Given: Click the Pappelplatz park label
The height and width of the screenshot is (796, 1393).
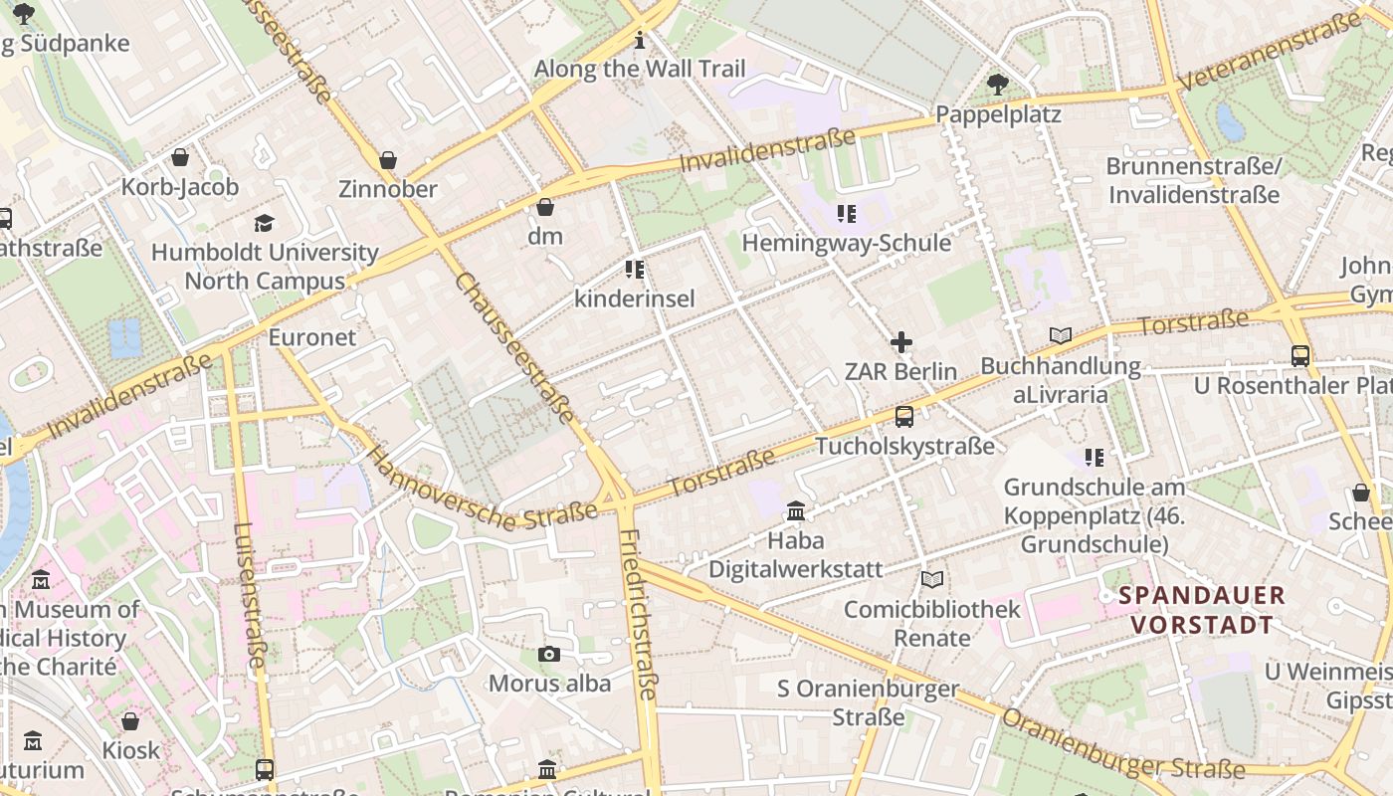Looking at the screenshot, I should (998, 114).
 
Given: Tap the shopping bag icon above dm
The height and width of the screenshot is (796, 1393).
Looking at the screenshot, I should (545, 208).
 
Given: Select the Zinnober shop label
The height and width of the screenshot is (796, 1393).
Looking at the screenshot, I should (388, 189).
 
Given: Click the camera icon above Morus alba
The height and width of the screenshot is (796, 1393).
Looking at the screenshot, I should (548, 654).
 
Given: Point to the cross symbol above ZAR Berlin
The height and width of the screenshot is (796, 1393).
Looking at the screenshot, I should (901, 342).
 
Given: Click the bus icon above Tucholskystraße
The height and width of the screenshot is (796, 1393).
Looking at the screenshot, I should (903, 417).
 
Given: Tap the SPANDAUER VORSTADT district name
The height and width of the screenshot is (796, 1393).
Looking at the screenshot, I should (1202, 610).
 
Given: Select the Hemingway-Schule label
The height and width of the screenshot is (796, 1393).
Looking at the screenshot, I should (847, 243).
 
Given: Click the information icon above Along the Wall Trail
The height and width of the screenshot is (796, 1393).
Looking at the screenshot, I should (640, 41).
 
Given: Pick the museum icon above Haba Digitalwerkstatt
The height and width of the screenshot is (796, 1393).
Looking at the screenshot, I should (796, 511).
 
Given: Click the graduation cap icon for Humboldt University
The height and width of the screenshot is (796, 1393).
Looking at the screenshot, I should (264, 223).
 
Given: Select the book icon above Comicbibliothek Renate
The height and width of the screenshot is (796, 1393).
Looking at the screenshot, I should (931, 579).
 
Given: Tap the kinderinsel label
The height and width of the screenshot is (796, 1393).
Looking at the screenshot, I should (635, 298).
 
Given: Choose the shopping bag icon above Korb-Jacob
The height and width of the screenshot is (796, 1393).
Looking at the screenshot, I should (180, 157).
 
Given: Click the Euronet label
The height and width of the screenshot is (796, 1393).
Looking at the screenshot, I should (311, 337).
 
